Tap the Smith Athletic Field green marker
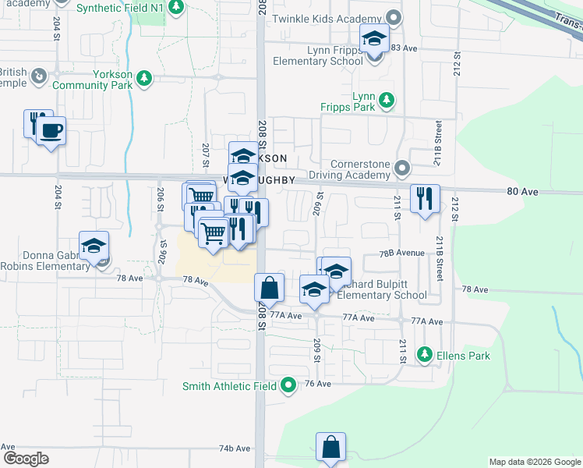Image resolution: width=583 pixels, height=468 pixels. coord(288,384)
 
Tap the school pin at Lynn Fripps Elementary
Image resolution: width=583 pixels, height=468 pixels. coord(374,39)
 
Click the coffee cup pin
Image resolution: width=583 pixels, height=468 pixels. coord(51,130)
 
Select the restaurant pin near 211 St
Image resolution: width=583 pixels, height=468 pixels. coord(424,197)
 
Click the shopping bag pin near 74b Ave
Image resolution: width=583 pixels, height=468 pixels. coord(330,447)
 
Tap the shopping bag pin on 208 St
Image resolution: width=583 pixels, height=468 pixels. coord(269,287)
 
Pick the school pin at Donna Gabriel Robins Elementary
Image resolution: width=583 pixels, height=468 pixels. coord(94,246)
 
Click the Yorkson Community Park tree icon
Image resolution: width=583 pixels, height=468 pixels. coord(144,77)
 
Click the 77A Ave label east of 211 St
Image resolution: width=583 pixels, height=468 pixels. coord(426,321)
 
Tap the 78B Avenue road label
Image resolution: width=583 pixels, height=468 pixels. coord(402,253)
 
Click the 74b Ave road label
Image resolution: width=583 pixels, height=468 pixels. coord(234,448)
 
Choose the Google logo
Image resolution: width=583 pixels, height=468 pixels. coord(26,459)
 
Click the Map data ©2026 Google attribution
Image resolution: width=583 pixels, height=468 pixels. coord(535,462)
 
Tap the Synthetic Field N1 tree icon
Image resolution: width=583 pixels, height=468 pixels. coord(177,7)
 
